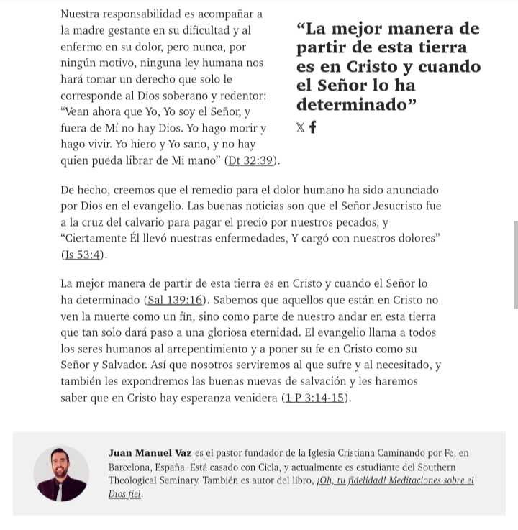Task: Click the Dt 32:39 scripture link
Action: (250, 160)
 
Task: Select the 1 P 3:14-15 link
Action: (316, 398)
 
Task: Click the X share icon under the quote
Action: (300, 128)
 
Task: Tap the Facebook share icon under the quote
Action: (312, 128)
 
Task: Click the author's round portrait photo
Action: (61, 473)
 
